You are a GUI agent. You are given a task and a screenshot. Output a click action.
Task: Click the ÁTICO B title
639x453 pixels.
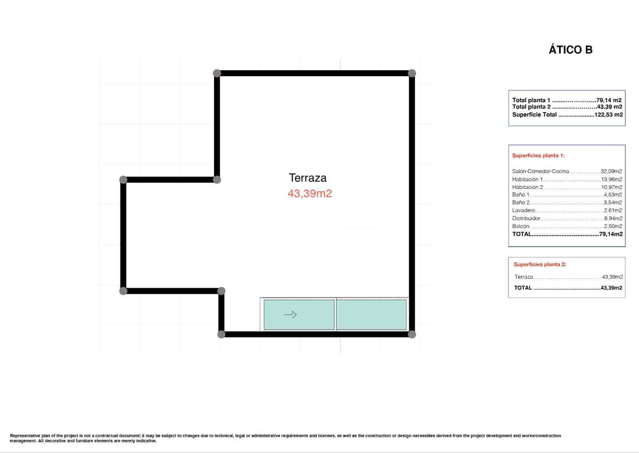click(570, 50)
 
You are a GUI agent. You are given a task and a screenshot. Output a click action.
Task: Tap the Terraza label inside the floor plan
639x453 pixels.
click(308, 178)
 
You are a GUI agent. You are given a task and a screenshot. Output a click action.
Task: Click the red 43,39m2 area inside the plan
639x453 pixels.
click(310, 194)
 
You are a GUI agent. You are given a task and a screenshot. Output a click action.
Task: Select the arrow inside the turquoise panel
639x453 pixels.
click(290, 315)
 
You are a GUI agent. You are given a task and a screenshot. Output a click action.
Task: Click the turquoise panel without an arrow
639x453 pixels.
click(371, 315)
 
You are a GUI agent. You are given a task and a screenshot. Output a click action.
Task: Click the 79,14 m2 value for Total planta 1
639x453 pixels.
click(609, 100)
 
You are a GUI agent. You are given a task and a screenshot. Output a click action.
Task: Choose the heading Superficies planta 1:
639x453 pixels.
click(538, 156)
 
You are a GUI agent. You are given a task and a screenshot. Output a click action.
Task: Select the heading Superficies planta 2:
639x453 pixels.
click(540, 264)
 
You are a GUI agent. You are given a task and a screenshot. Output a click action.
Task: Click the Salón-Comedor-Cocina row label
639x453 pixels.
click(540, 171)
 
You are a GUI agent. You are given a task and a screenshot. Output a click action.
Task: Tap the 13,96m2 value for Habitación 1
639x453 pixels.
click(611, 179)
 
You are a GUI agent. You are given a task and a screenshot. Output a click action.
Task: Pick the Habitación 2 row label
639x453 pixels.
click(528, 187)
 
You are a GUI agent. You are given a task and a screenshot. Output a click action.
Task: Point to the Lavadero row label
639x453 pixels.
click(524, 210)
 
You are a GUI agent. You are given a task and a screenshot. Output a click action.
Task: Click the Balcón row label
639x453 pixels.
click(520, 226)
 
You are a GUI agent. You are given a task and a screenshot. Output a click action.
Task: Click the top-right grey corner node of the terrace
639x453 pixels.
click(412, 73)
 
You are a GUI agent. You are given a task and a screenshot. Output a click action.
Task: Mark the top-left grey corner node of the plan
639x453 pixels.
click(217, 73)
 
